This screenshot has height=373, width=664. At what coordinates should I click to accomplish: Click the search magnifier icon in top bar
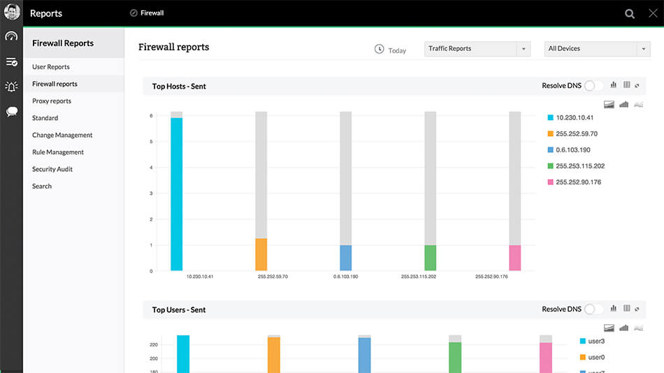coord(630,13)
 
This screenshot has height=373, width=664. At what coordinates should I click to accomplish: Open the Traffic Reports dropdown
coord(477,49)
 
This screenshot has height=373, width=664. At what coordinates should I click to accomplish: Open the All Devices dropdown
coord(598,49)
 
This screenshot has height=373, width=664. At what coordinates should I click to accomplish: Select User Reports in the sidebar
coord(51,67)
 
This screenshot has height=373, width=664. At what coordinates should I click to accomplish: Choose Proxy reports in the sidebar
coord(52,101)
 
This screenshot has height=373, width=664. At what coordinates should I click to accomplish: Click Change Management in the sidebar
coord(62,136)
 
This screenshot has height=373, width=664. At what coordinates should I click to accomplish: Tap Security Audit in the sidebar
coord(52,169)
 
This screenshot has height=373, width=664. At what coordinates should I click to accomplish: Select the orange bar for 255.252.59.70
coord(261,254)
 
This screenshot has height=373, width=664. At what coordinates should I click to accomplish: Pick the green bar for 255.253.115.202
coord(431,258)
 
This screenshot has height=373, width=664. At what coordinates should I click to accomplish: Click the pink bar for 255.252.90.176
coord(515,258)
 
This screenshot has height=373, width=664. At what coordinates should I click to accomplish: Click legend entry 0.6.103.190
coord(572,150)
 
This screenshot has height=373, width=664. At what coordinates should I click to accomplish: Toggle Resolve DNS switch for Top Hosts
coord(593,86)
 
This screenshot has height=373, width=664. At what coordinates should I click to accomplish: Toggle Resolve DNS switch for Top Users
coord(593,309)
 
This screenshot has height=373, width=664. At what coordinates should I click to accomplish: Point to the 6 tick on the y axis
coord(151,116)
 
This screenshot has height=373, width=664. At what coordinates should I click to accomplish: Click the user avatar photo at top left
coord(12,12)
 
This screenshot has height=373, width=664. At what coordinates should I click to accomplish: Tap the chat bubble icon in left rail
coord(12,112)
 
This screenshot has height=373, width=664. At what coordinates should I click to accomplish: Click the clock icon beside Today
coord(379,49)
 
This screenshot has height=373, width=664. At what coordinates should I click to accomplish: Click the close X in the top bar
coord(653,13)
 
